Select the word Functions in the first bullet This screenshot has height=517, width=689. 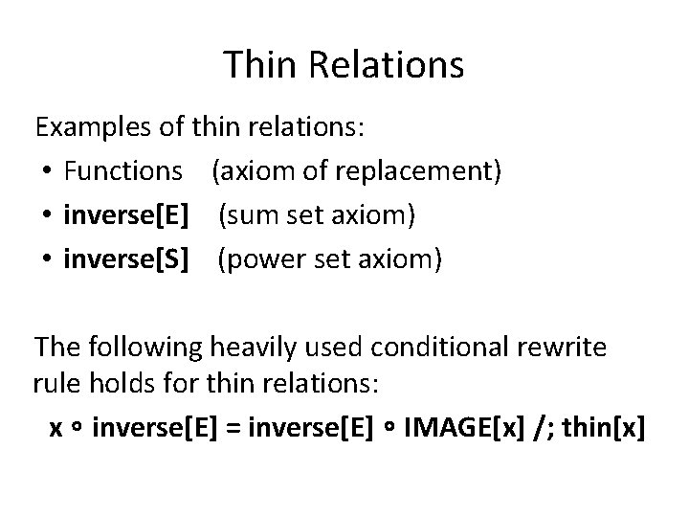(122, 171)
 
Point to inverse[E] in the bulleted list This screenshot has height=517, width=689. (124, 215)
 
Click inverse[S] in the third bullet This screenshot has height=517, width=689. (124, 259)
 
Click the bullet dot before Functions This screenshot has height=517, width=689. (48, 172)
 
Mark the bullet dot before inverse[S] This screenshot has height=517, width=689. (48, 260)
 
